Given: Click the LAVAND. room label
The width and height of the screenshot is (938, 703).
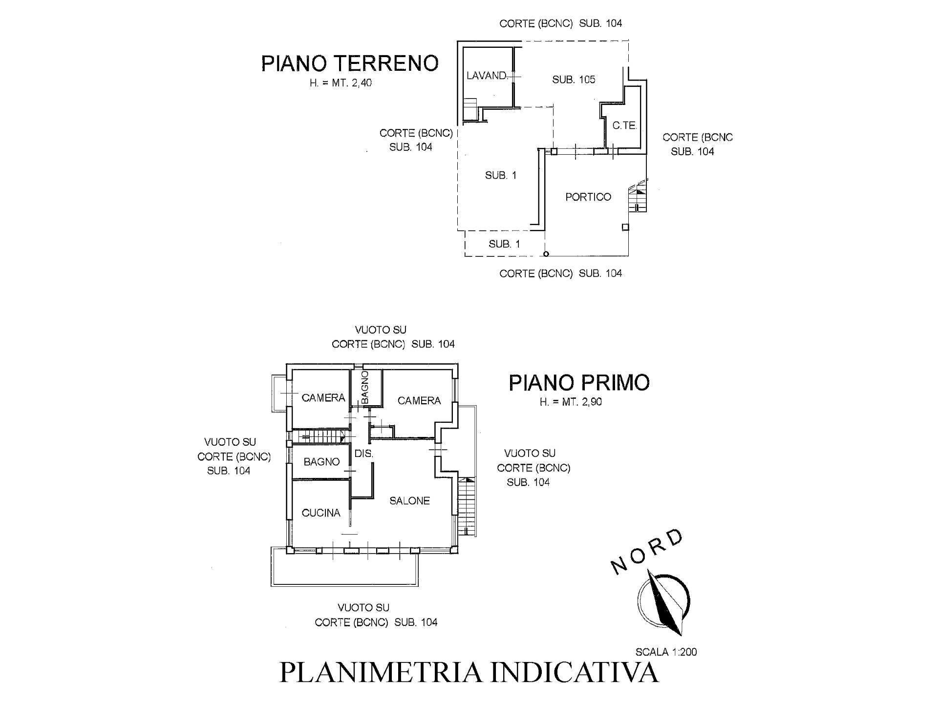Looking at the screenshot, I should [487, 76].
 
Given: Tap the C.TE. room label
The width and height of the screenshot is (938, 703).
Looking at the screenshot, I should [624, 125].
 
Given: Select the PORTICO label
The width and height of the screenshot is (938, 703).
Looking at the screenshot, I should [588, 197].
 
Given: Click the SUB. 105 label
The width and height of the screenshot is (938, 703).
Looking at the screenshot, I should [574, 80].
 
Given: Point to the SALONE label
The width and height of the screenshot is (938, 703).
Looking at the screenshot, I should [409, 500].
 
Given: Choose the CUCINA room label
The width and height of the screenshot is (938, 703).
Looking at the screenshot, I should [320, 513].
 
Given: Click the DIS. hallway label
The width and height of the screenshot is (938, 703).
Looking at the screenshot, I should [363, 454].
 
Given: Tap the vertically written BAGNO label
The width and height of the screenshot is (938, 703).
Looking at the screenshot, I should [365, 387].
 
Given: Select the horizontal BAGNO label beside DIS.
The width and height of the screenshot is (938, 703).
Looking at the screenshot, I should [321, 461].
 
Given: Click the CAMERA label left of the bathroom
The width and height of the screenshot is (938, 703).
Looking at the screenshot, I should [323, 398].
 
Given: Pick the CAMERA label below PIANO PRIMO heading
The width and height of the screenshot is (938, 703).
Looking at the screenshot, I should [419, 401].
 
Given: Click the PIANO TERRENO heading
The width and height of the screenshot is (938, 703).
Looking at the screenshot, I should [350, 63].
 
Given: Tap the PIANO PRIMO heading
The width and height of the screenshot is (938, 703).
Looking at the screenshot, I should [579, 383].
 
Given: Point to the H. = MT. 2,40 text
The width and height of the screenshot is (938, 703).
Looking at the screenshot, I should [341, 83].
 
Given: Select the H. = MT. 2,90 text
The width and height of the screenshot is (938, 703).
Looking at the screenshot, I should [571, 402].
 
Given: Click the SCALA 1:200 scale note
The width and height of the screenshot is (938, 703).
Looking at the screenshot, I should [666, 652].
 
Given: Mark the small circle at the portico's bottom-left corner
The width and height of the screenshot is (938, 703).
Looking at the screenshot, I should [546, 254].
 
